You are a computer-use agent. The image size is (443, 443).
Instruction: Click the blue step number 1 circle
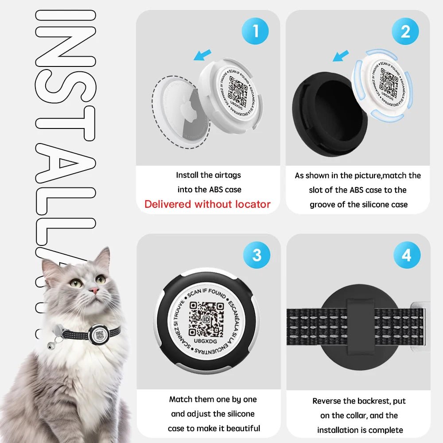[255, 31]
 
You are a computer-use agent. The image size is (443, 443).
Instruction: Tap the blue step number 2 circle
[405, 31]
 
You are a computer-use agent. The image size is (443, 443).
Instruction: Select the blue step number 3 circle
[256, 256]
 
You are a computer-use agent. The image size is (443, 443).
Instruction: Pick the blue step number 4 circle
[406, 256]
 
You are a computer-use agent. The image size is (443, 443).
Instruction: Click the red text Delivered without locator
[207, 204]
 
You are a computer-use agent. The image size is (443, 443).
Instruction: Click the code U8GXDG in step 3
[207, 342]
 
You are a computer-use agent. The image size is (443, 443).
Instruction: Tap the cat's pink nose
[94, 290]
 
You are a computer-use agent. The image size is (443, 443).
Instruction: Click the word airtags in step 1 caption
[226, 175]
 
